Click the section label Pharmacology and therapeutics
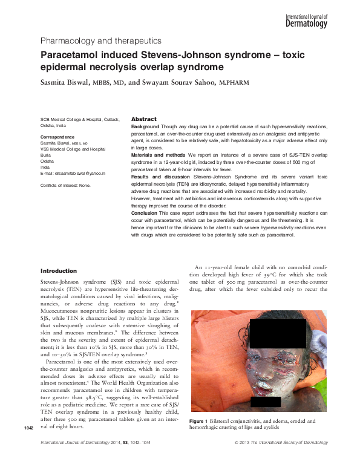pyautogui.click(x=100, y=41)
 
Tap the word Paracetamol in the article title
pyautogui.click(x=68, y=54)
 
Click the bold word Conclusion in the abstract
pyautogui.click(x=145, y=212)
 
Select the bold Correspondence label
pyautogui.click(x=57, y=137)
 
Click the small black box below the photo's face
pyautogui.click(x=261, y=402)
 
